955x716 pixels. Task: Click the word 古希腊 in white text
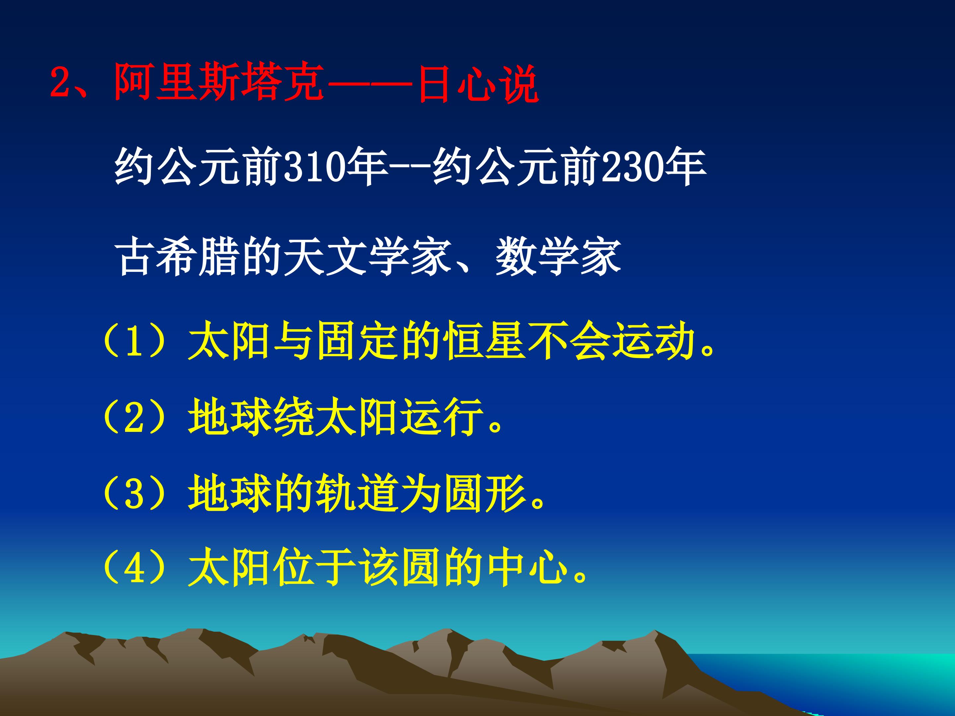coord(177,258)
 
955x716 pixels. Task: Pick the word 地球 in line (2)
coord(229,419)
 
